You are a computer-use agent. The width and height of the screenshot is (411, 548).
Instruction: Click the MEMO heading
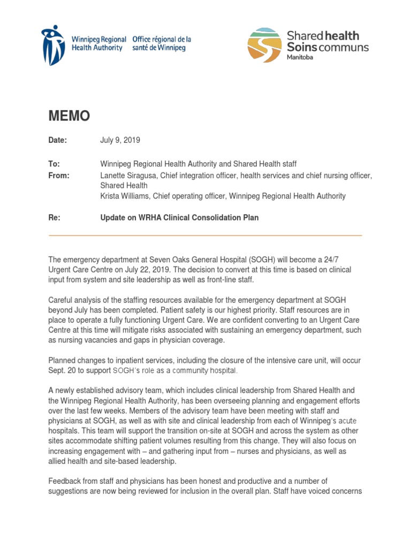(x=69, y=116)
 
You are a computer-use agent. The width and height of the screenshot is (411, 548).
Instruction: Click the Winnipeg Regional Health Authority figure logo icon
(x=55, y=44)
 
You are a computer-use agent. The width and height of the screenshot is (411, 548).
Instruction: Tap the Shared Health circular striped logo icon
(x=264, y=45)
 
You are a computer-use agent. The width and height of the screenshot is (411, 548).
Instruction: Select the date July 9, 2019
(x=120, y=140)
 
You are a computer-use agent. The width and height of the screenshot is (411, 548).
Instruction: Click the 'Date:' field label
(x=58, y=140)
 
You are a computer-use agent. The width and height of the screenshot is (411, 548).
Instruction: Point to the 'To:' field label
(x=54, y=164)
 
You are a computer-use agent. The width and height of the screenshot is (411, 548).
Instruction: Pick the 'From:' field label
(x=59, y=176)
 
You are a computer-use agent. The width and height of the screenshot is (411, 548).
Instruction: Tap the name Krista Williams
(x=125, y=196)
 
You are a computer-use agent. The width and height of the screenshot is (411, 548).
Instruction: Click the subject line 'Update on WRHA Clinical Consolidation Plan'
(x=179, y=218)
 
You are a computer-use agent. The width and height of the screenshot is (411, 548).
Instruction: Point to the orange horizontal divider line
(x=205, y=235)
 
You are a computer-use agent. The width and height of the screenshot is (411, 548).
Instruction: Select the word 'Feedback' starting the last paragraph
(x=65, y=481)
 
